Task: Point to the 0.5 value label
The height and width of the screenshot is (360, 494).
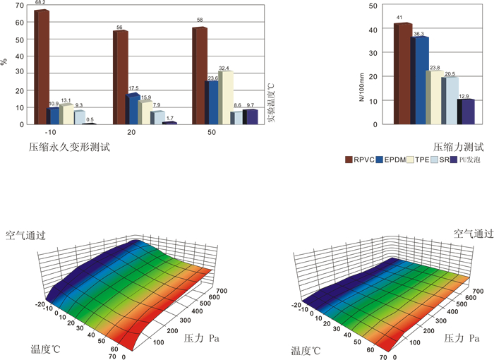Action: (x=90, y=119)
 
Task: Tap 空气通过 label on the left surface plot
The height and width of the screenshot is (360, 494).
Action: (x=26, y=235)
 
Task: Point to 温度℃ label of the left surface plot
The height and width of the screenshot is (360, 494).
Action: (x=45, y=349)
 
